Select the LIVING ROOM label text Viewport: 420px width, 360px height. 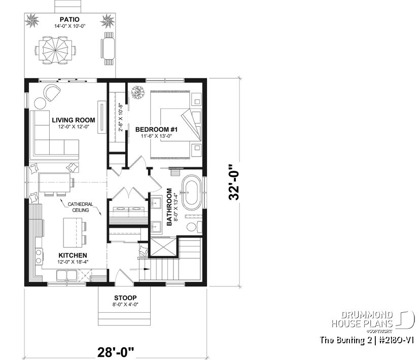coord(74,120)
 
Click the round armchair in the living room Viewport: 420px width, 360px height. coord(51,93)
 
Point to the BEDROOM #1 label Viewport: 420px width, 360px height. coord(156,130)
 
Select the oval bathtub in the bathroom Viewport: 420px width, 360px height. coord(192,193)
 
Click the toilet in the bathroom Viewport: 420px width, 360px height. coord(195,227)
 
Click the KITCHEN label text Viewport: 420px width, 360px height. coord(73,255)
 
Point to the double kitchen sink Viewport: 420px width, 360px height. coord(67,275)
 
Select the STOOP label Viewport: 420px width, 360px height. coord(124,298)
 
